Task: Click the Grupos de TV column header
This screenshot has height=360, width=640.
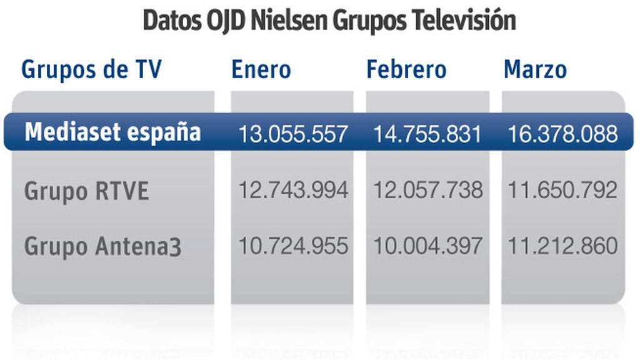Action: pos(91,69)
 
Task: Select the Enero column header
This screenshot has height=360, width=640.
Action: pos(261,69)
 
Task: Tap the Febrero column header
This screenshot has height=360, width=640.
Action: pos(406,69)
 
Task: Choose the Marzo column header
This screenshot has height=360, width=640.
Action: pos(535,69)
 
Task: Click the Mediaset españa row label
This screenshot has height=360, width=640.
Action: pos(112,132)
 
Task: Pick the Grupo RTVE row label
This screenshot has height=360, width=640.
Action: pos(87,191)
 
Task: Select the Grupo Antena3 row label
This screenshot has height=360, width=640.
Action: pos(103,246)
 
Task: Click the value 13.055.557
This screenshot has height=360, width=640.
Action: pos(293,134)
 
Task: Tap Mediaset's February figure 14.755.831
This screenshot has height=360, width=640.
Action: pos(427,134)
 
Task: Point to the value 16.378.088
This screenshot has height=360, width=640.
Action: pos(562,134)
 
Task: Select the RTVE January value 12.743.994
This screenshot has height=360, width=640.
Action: pos(293,190)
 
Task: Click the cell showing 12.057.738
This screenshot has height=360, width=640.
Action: pos(427,190)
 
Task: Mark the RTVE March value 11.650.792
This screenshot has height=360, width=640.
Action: pos(562,190)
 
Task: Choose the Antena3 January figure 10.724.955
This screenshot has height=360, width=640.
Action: pos(293,246)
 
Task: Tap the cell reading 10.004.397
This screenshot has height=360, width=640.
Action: pos(427,246)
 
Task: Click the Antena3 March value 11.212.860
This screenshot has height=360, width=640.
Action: pos(562,246)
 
